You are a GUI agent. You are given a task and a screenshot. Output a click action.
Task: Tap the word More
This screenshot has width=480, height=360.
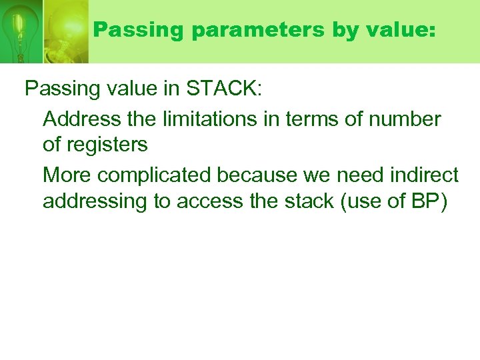(67, 175)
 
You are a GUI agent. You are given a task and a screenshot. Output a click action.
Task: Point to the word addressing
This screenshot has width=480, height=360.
(95, 201)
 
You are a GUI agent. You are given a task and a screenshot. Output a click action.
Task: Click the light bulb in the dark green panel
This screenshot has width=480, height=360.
(20, 30)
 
